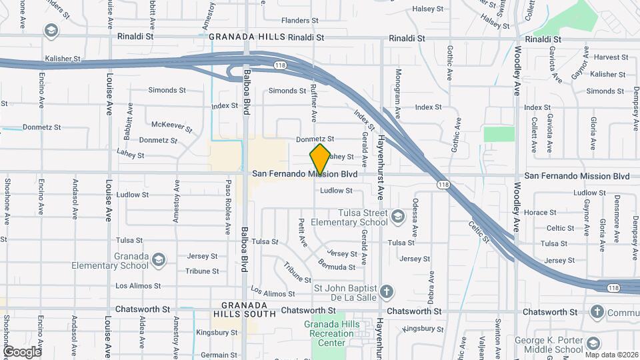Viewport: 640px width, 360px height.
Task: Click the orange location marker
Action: (x=321, y=159)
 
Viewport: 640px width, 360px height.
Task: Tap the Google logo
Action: (x=22, y=351)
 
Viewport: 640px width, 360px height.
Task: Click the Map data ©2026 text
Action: (x=611, y=354)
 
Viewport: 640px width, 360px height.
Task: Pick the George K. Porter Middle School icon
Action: (x=593, y=344)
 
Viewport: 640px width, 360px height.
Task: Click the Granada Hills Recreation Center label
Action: (x=322, y=333)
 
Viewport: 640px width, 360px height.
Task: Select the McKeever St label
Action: (x=172, y=125)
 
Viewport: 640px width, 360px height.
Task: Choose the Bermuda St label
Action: (x=337, y=267)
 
